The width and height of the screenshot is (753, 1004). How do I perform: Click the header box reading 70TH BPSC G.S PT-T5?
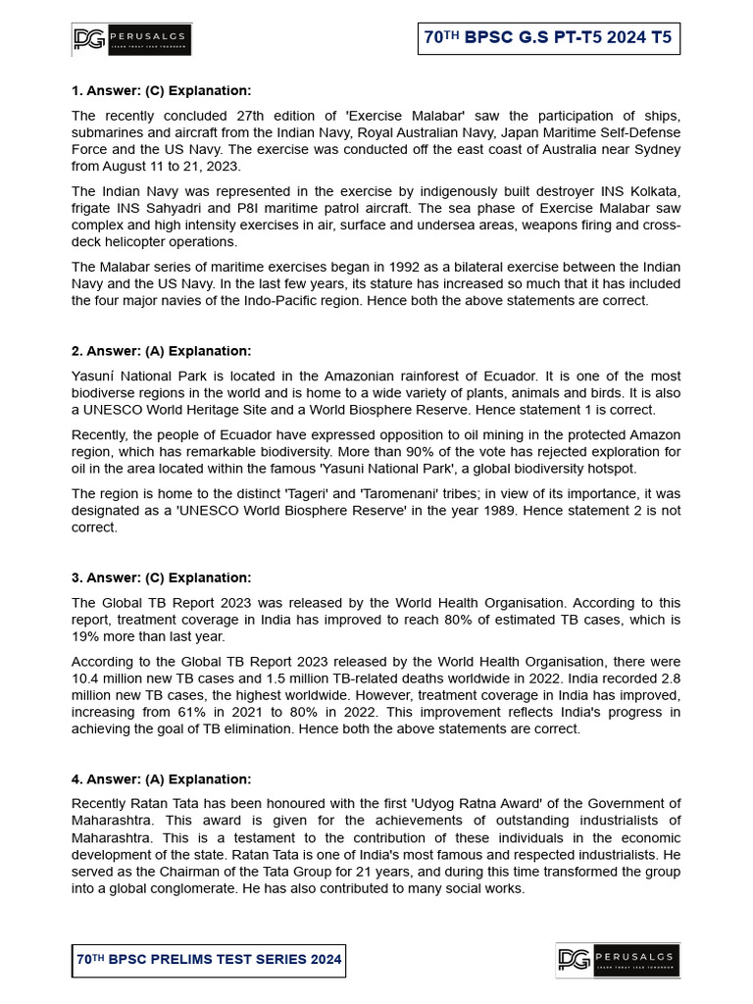coord(548,38)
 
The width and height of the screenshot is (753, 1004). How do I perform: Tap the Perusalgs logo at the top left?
coord(131,39)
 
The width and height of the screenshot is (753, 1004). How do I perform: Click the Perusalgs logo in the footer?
coord(618,960)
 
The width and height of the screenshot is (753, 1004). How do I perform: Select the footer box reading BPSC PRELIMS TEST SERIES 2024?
coord(209,960)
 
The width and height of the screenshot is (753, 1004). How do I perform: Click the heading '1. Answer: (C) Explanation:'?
coord(162,91)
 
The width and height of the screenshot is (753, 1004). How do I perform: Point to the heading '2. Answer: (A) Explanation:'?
coord(162,351)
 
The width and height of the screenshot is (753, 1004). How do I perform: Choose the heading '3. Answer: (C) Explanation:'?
coord(162,577)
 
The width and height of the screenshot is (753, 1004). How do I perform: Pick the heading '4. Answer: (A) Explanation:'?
coord(162,779)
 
